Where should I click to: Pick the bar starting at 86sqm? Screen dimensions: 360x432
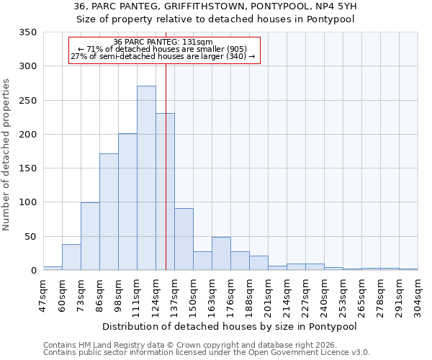click(x=109, y=212)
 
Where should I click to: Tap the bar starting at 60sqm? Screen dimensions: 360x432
click(x=71, y=257)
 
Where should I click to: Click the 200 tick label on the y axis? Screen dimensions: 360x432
click(x=28, y=135)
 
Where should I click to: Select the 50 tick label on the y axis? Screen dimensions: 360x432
click(x=31, y=236)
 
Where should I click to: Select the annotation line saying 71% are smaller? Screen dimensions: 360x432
click(x=163, y=49)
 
